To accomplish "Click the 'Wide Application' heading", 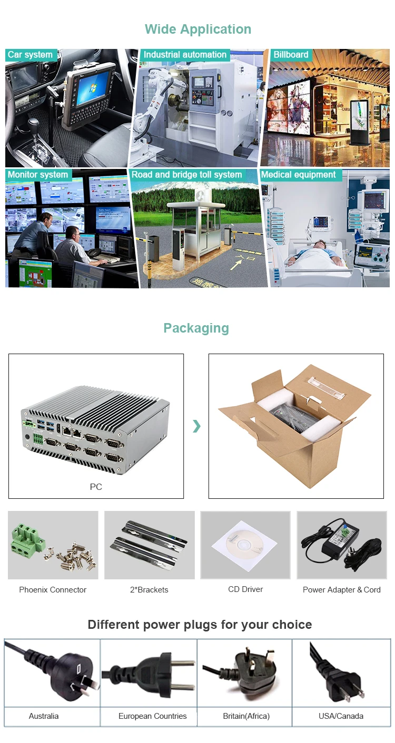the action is tap(198, 29).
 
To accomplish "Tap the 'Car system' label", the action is tap(30, 55).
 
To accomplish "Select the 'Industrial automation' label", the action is tap(185, 55).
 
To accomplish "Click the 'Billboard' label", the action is tap(291, 55).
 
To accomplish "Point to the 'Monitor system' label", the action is tap(38, 175).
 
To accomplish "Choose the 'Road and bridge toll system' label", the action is tap(186, 175).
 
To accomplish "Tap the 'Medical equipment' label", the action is tap(299, 175).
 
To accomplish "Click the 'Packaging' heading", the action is tap(196, 328).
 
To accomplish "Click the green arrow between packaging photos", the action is tap(196, 426).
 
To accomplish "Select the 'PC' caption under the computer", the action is tap(96, 487).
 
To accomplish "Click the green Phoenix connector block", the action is tap(27, 538).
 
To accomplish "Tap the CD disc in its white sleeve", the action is tap(244, 545).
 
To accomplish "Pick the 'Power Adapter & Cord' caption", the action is tap(342, 590).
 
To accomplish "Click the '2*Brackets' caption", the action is tap(149, 590).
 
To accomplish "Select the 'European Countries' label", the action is tap(152, 716).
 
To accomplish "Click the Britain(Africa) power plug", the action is tap(252, 674).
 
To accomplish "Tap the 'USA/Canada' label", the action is tap(341, 716).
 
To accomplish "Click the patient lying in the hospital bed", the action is tap(317, 255).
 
